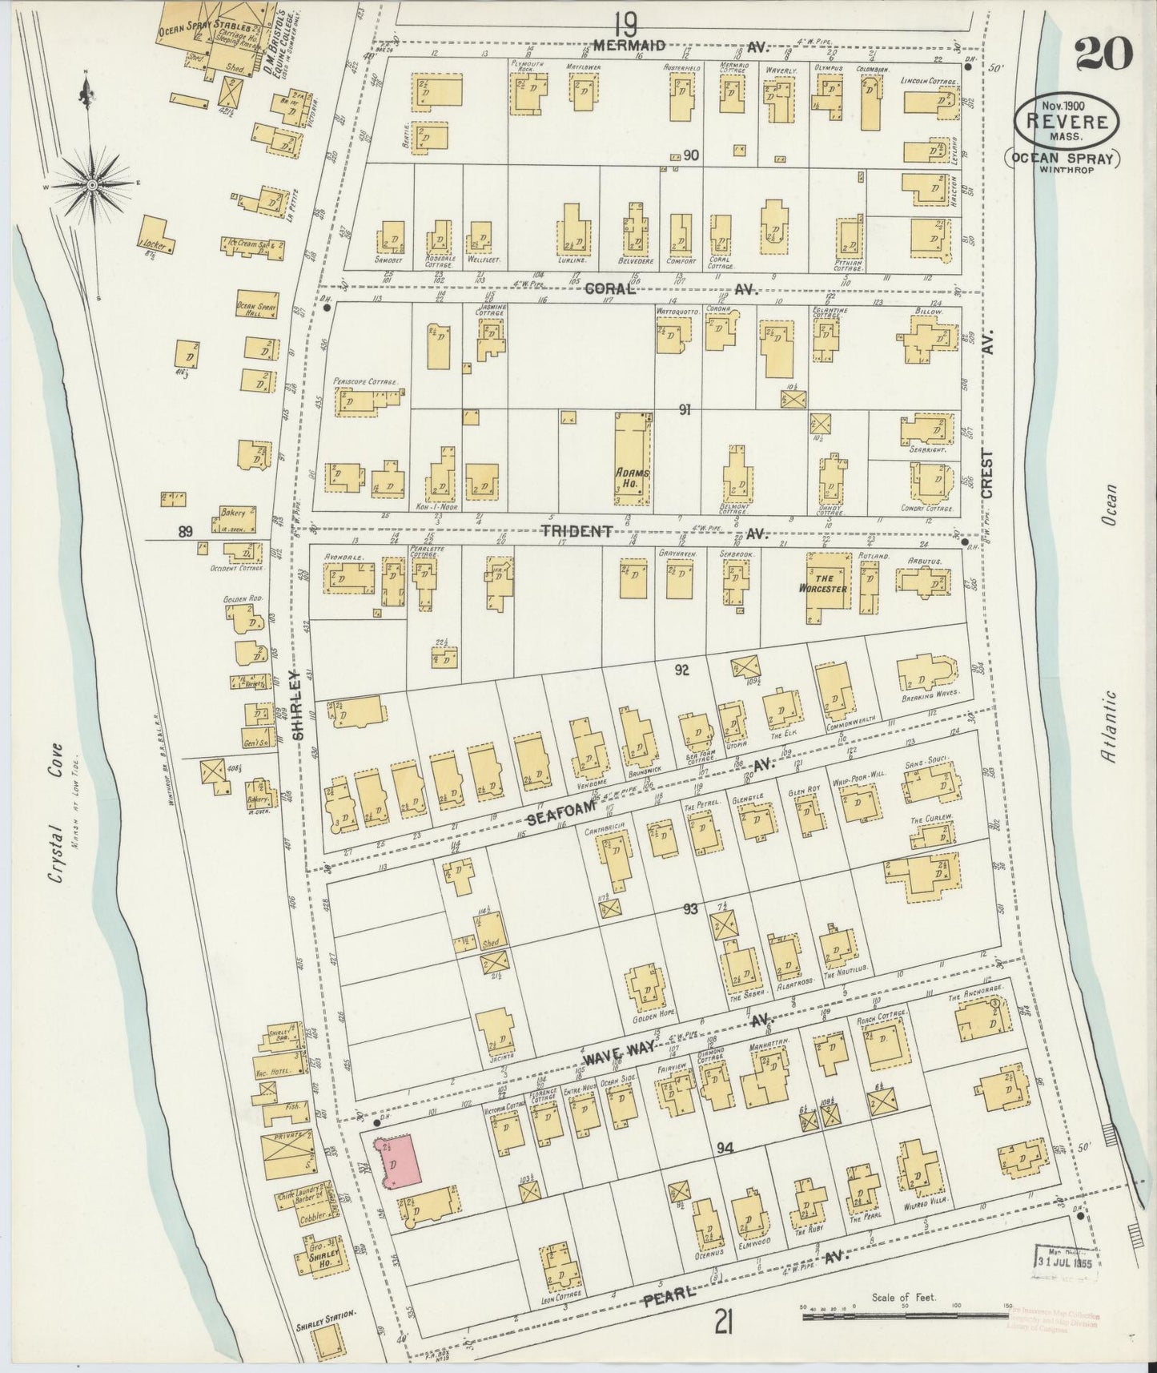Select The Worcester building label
click(826, 583)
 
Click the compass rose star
click(93, 185)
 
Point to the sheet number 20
click(1103, 54)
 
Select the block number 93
click(691, 909)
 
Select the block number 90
click(691, 156)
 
